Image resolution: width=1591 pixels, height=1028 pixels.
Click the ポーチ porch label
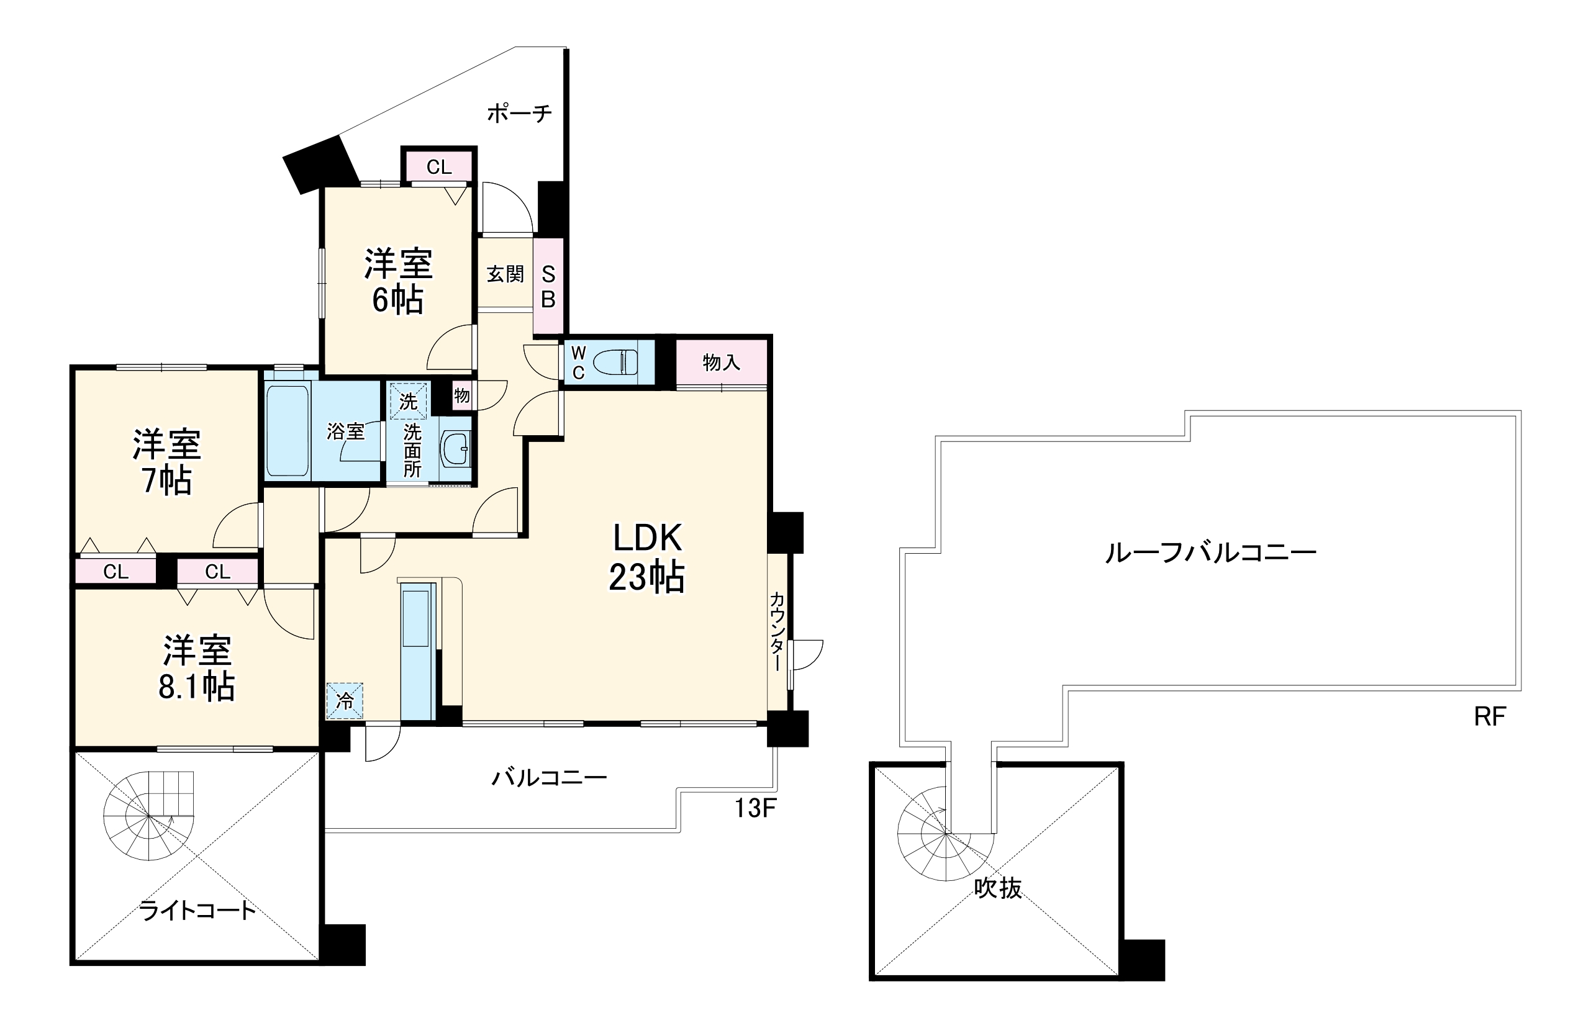[519, 114]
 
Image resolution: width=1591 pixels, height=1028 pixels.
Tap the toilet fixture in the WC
[615, 363]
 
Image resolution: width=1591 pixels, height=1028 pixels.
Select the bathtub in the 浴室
[287, 431]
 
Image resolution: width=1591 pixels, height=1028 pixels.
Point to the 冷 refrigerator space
[345, 701]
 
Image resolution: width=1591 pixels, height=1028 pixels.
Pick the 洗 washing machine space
[408, 400]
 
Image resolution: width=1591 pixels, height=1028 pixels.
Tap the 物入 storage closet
[722, 363]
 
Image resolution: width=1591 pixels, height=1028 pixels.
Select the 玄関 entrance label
[505, 274]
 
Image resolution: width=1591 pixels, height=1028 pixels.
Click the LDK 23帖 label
[646, 557]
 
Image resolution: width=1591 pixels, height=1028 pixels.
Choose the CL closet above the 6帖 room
[439, 166]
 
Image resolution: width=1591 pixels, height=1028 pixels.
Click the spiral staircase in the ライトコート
[148, 816]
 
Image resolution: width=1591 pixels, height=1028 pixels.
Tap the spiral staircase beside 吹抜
[945, 834]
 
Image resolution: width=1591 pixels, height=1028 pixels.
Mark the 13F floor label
[755, 808]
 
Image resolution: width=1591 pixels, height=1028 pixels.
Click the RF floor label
[1490, 717]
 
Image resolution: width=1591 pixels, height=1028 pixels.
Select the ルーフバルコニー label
[1210, 552]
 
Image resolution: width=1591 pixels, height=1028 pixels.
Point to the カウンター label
[777, 631]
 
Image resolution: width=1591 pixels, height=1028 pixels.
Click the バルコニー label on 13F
[550, 778]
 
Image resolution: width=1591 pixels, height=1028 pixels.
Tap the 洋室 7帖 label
[166, 462]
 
